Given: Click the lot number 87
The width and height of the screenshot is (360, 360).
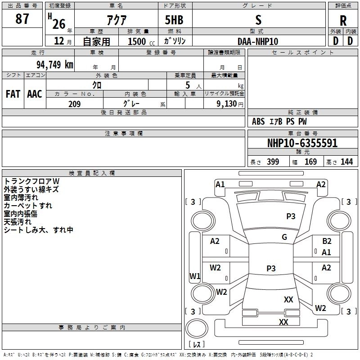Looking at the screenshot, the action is (x=22, y=18).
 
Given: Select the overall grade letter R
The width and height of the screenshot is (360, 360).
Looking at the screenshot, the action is (x=343, y=21).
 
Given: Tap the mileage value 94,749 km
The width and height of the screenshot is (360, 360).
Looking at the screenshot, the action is (x=55, y=65).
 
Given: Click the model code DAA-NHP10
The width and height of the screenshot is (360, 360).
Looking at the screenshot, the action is (x=258, y=41).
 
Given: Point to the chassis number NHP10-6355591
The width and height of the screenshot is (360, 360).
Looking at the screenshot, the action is (x=302, y=143).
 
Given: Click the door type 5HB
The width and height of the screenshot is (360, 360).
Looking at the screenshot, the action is (x=174, y=20).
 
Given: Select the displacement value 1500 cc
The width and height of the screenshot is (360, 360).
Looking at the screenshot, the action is (x=141, y=41).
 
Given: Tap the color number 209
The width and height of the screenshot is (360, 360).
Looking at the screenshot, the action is (x=74, y=104).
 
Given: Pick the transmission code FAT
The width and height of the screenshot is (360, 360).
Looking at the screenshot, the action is (x=13, y=94).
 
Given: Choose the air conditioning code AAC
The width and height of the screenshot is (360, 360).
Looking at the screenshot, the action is (x=35, y=94).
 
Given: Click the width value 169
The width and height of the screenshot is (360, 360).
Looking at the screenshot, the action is (x=310, y=162).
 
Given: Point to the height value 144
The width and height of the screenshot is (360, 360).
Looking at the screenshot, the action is (x=346, y=162).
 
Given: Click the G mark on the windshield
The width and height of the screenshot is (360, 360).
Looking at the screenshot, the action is (x=284, y=237).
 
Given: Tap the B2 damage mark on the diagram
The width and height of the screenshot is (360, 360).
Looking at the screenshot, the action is (x=327, y=241).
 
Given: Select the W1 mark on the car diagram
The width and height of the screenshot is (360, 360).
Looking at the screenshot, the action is (x=195, y=276).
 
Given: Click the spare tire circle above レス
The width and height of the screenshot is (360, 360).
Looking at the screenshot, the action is (x=197, y=328).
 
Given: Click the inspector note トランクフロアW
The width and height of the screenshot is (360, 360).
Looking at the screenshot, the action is (x=31, y=181).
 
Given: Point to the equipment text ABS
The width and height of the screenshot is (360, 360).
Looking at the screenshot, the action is (x=258, y=121).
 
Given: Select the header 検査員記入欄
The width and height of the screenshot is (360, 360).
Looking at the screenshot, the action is (x=92, y=173).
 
